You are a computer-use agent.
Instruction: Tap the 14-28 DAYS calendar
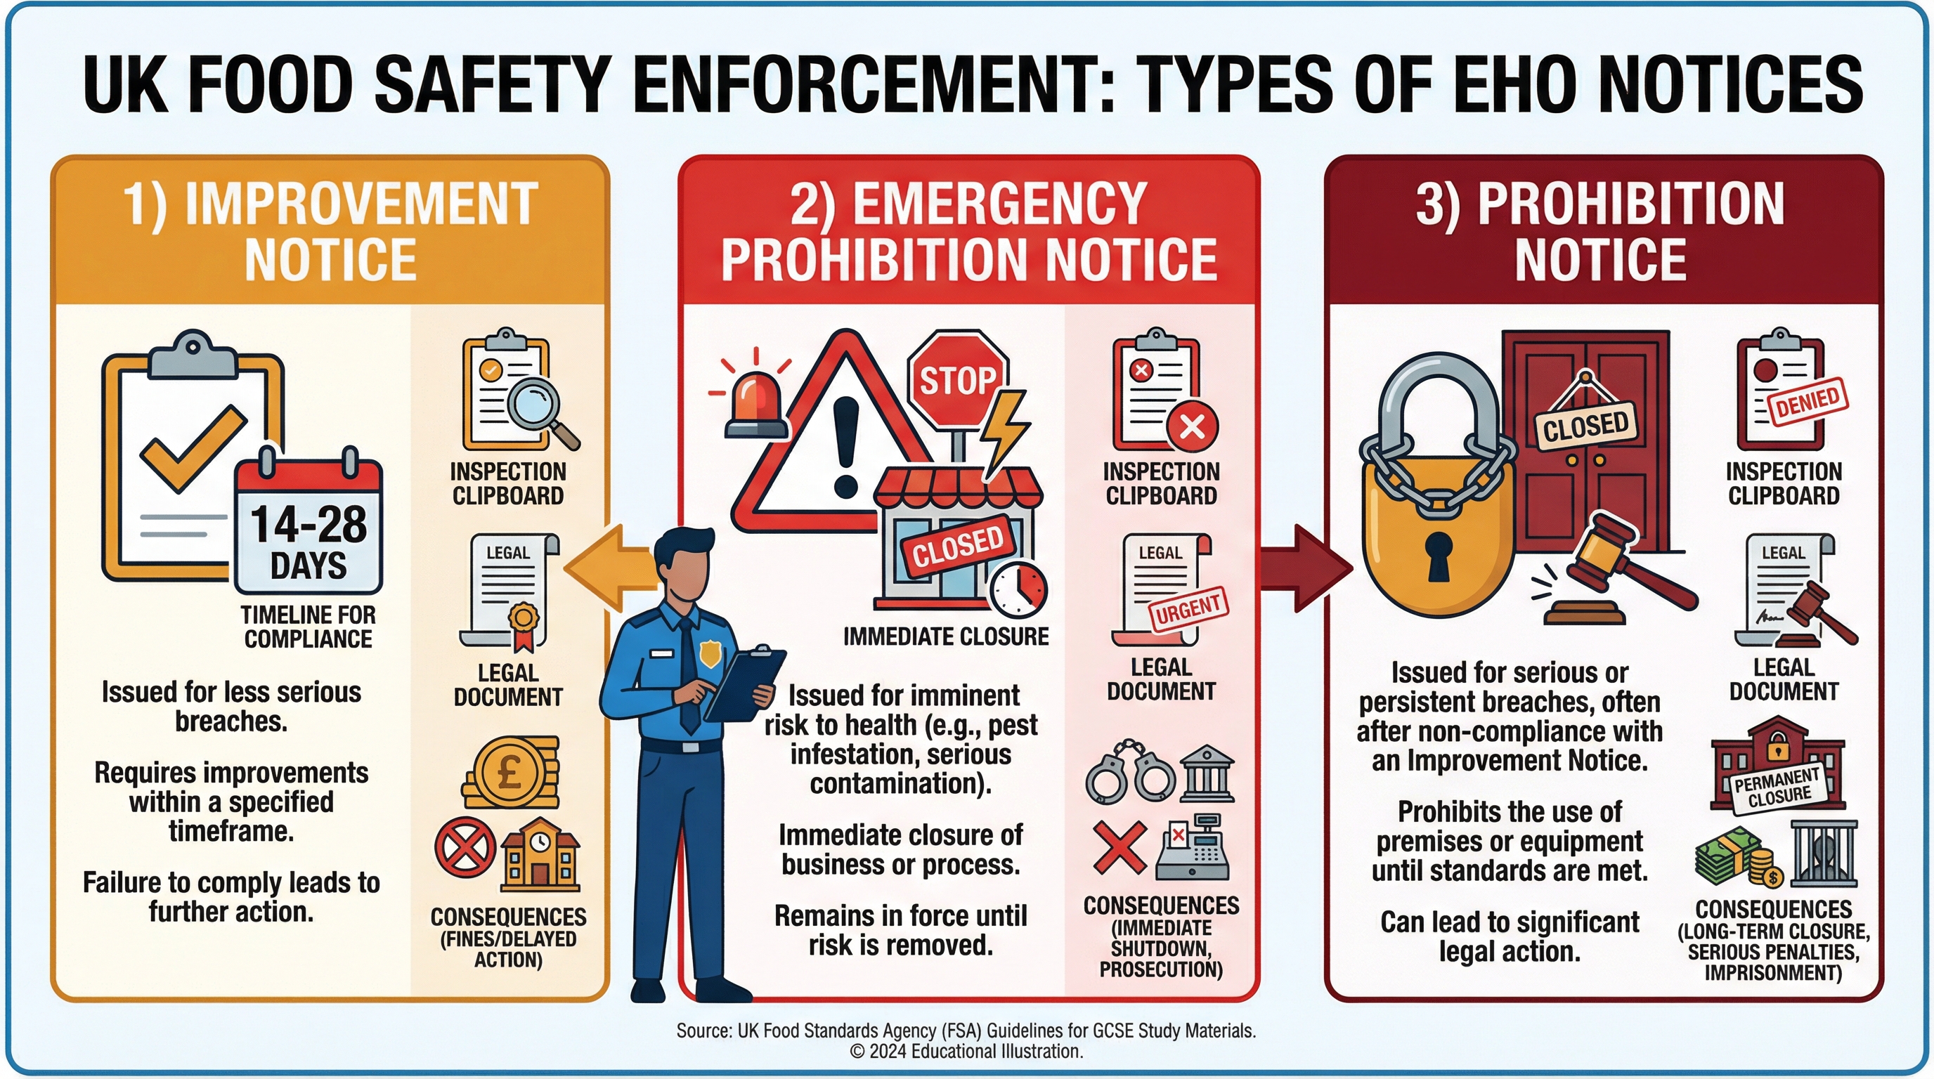click(x=309, y=530)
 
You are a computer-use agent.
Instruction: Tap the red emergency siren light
click(x=755, y=405)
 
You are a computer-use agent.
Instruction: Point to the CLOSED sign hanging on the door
click(x=1585, y=426)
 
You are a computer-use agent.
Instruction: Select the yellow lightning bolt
click(x=1006, y=436)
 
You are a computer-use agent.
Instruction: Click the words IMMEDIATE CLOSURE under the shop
click(x=946, y=636)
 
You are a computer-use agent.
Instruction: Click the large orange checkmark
click(x=194, y=447)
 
